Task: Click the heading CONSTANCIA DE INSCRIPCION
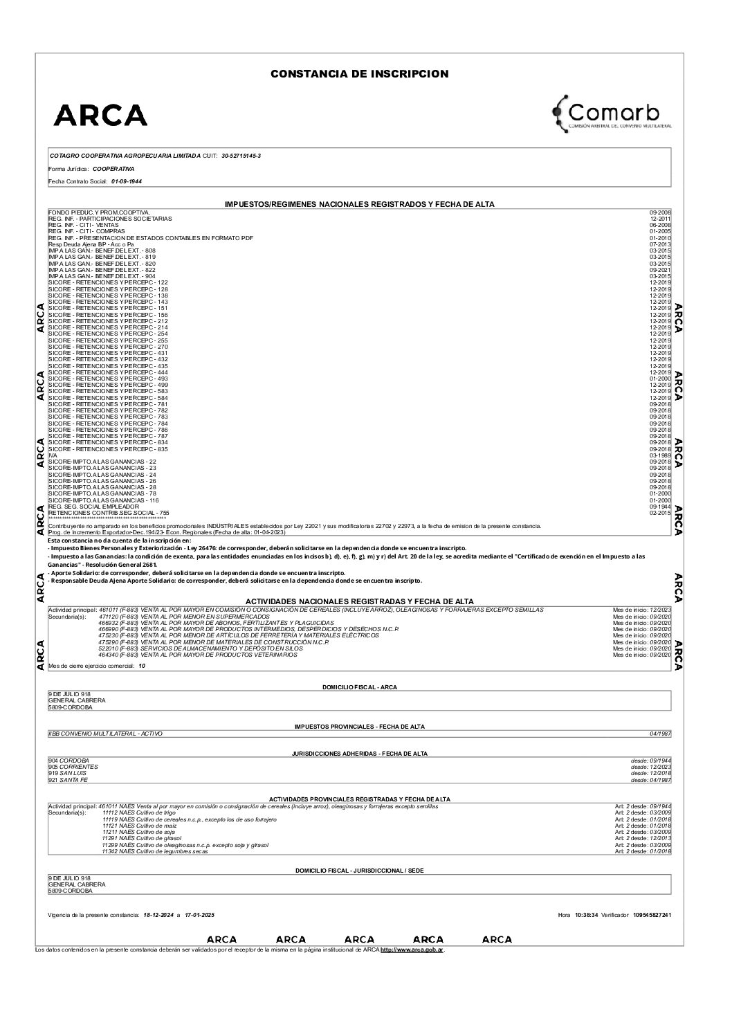[x=359, y=74]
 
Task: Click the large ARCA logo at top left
[x=100, y=115]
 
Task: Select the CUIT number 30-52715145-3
[x=241, y=156]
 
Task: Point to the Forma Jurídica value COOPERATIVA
[x=113, y=168]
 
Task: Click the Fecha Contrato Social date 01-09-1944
[x=127, y=181]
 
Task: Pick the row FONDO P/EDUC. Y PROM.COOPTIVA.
[x=100, y=211]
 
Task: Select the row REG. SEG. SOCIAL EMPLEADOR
[x=93, y=506]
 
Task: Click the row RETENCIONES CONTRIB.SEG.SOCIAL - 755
[x=109, y=512]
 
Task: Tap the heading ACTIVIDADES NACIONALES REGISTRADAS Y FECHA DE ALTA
[x=360, y=602]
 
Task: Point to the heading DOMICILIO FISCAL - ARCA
[x=360, y=687]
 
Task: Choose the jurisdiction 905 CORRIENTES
[x=73, y=767]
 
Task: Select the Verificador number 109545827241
[x=652, y=915]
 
